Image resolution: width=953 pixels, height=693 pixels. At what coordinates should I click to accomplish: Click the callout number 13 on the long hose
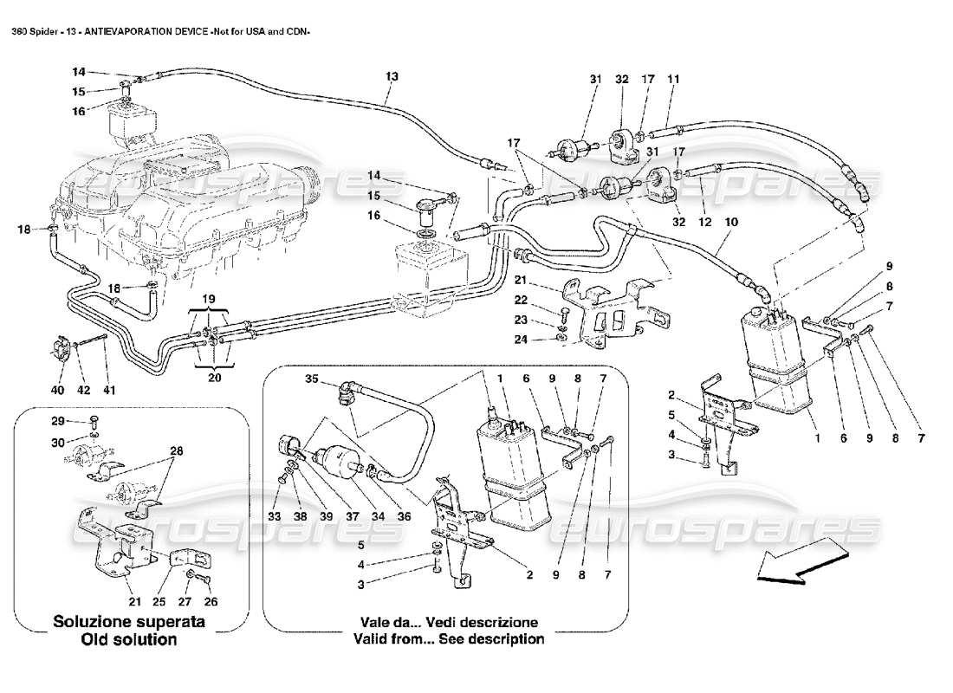[x=392, y=77]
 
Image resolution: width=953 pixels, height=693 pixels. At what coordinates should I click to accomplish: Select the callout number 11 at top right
[x=673, y=79]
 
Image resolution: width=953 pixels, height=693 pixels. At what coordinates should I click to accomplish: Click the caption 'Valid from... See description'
[x=449, y=639]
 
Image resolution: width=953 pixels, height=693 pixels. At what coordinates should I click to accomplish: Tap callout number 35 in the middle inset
[x=312, y=379]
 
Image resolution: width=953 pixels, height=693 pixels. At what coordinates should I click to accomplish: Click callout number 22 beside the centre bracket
[x=544, y=300]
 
